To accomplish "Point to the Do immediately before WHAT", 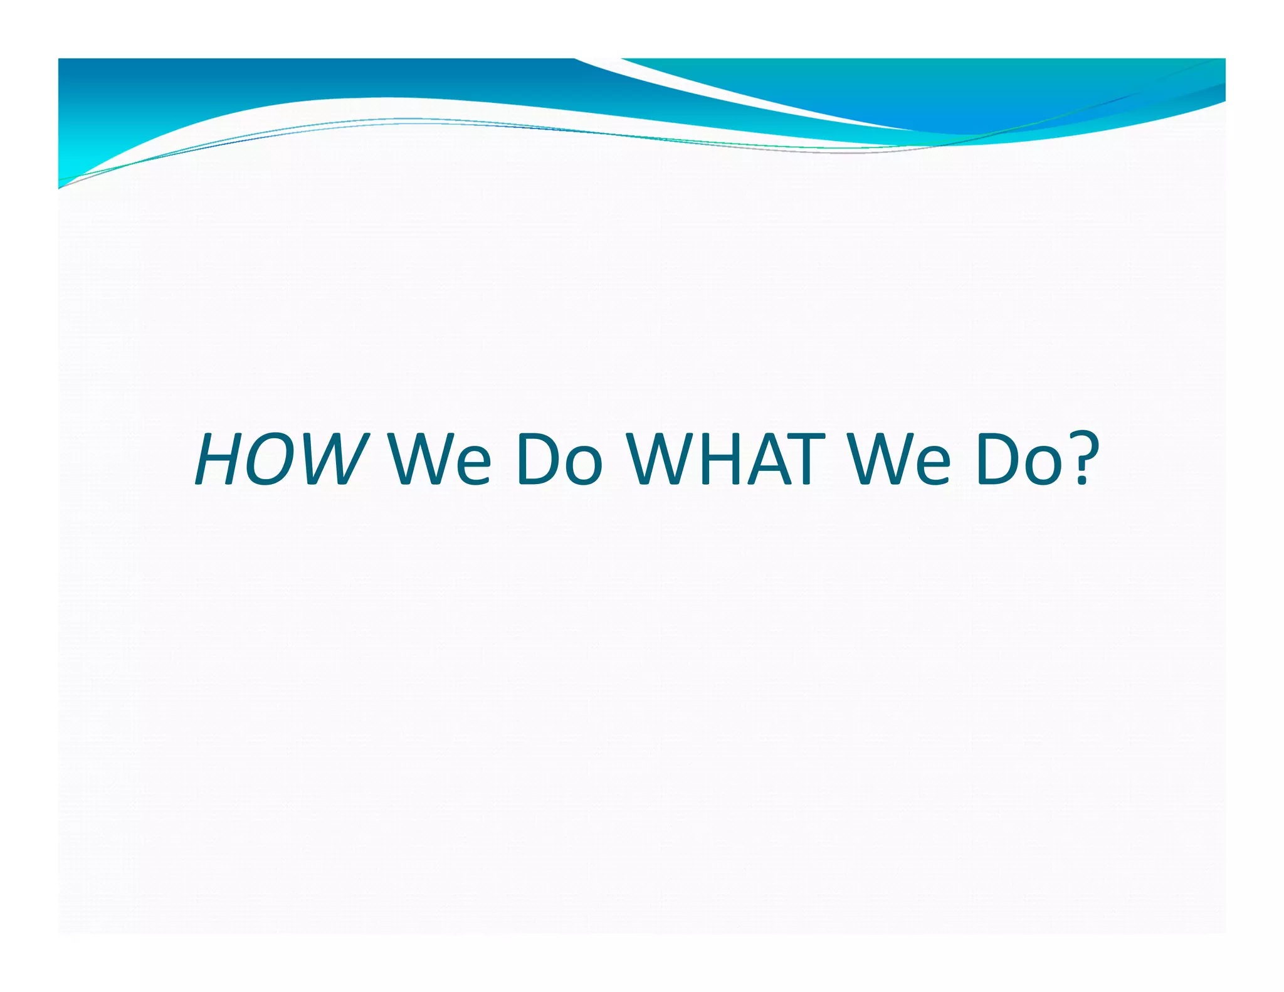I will (x=559, y=460).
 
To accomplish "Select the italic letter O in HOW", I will (x=271, y=460).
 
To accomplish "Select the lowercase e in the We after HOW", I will (x=472, y=467).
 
